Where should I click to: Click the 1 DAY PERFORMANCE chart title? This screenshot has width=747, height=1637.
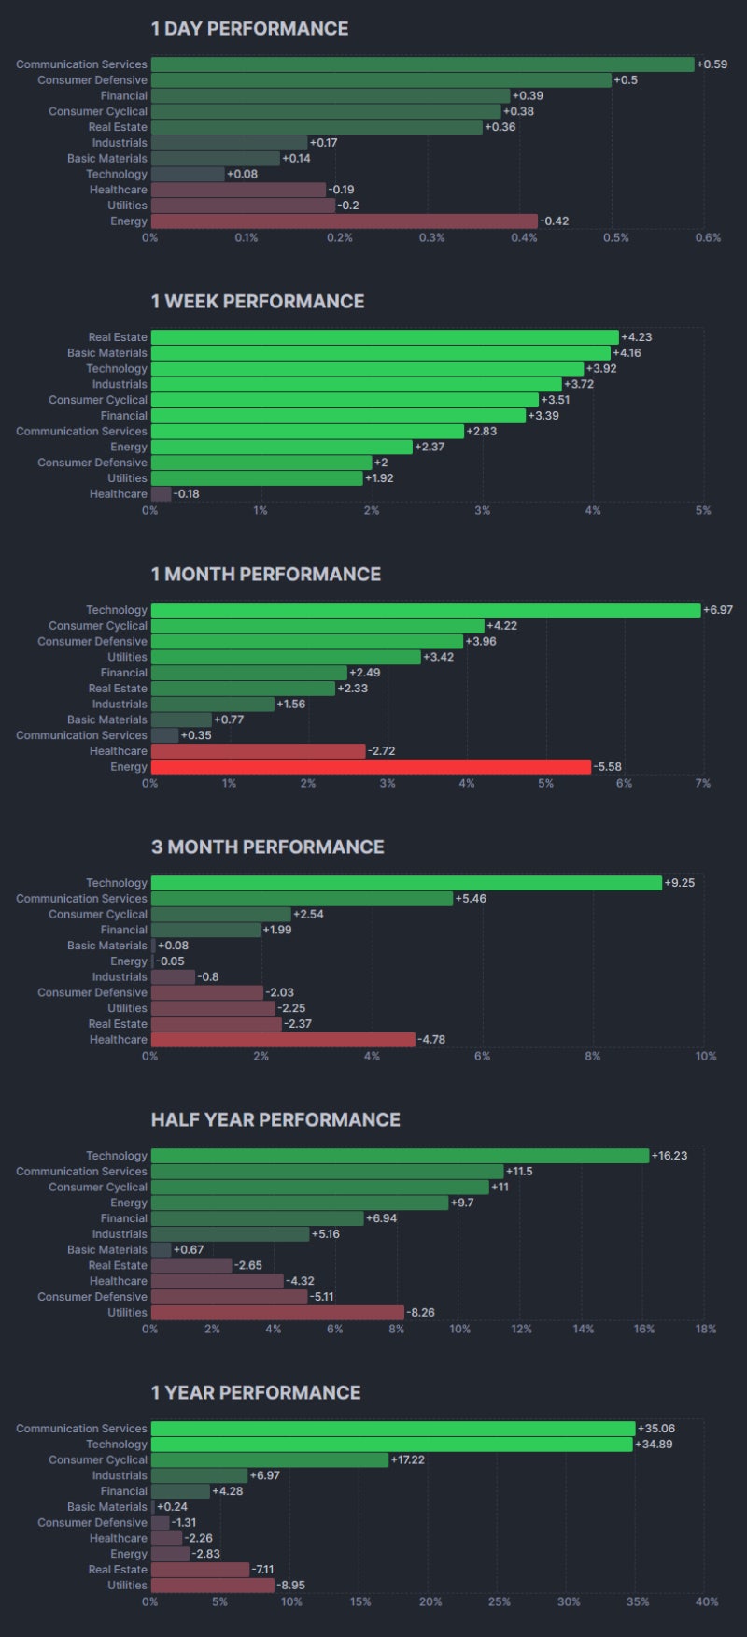click(x=249, y=29)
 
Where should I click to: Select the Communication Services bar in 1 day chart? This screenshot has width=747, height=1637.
click(x=422, y=64)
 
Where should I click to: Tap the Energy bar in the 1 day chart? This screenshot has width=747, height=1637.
click(x=344, y=221)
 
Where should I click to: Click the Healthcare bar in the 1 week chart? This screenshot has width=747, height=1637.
click(x=161, y=494)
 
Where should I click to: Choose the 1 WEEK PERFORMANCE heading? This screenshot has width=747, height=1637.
click(x=258, y=302)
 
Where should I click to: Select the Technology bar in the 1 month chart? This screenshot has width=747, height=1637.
click(x=425, y=610)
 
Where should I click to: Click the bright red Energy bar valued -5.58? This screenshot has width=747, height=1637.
click(x=371, y=767)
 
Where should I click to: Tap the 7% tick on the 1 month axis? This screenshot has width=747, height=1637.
click(x=702, y=783)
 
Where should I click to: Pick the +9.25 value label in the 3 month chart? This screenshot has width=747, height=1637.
click(x=679, y=883)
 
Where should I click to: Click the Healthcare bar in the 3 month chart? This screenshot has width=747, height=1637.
click(x=282, y=1040)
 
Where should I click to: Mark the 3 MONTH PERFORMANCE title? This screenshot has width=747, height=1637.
click(x=267, y=847)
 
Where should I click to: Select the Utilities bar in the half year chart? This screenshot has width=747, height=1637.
click(x=277, y=1313)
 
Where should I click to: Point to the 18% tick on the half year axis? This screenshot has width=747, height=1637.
click(x=706, y=1329)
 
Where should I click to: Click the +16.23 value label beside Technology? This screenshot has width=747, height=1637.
click(x=669, y=1156)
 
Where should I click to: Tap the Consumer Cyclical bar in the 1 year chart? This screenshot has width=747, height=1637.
click(x=269, y=1460)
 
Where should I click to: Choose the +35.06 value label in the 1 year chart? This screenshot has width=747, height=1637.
click(x=655, y=1429)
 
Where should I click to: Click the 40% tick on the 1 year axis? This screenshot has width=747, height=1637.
click(x=707, y=1601)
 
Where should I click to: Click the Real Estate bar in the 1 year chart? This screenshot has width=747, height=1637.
click(x=200, y=1570)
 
